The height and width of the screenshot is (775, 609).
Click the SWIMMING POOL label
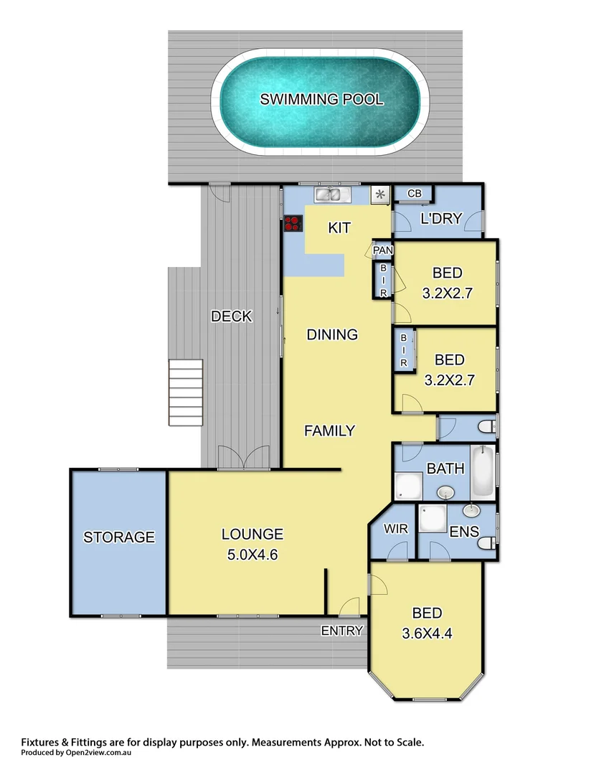[x=321, y=99]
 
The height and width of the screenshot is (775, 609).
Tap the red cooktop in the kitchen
[x=292, y=223]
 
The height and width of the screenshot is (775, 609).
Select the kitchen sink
[x=331, y=194]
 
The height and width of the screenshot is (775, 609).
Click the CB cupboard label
[x=414, y=194]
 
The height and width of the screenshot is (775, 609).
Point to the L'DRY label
[x=440, y=219]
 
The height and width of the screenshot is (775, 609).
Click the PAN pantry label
[x=382, y=250]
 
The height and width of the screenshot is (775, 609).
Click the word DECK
[x=232, y=316]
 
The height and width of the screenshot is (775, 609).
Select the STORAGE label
[x=119, y=537]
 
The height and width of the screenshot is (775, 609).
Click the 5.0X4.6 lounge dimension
[x=252, y=553]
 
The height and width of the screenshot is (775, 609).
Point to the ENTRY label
[x=341, y=631]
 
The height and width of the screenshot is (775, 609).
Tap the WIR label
[x=396, y=529]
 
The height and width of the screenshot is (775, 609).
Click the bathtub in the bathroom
[x=483, y=471]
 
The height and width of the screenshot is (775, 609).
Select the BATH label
[x=445, y=469]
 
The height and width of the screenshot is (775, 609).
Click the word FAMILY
[x=329, y=431]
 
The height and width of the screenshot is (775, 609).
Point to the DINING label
[x=332, y=334]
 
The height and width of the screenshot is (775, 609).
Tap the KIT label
[x=339, y=228]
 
